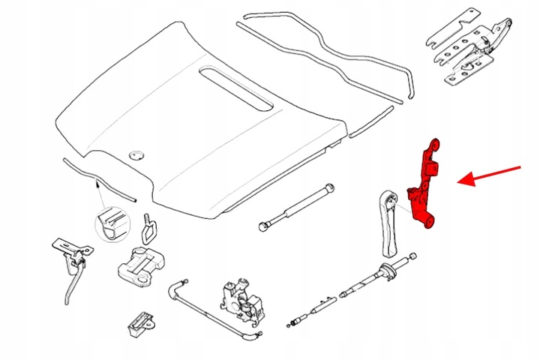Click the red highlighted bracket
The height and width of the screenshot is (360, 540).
click(426, 184)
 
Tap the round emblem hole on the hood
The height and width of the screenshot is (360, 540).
click(136, 154)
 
